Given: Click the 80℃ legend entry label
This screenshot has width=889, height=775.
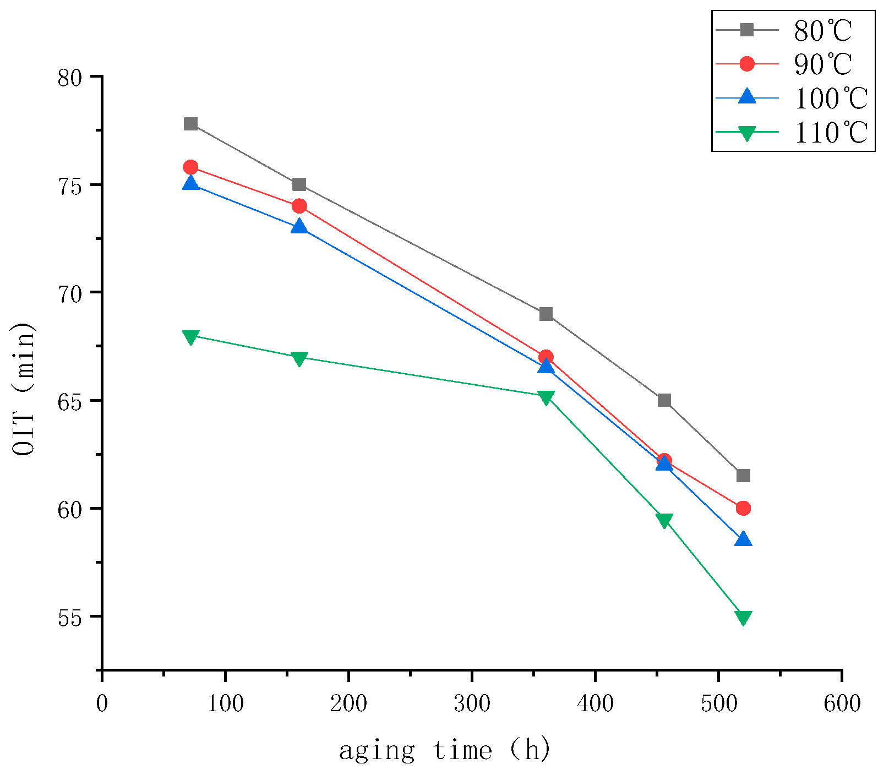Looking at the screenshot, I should point(822,31).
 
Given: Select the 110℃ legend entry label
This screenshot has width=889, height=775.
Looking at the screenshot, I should point(831,133).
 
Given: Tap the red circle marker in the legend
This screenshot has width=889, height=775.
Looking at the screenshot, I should point(747,64).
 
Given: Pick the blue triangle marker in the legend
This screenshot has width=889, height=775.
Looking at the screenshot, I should point(747,97).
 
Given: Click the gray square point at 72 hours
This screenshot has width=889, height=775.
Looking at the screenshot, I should point(191,124).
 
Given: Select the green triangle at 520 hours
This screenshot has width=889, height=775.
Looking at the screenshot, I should point(743,618).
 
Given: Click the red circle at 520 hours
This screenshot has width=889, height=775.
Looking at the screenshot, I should point(743,508).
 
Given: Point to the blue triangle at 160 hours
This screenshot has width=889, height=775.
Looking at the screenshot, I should point(299,226).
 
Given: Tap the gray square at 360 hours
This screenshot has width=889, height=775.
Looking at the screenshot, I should point(546,314).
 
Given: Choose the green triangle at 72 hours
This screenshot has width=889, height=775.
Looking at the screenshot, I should point(191,337).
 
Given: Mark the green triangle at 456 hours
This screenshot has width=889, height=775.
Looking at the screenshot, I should point(664,520).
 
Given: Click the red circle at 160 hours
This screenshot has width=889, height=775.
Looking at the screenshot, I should point(299,206).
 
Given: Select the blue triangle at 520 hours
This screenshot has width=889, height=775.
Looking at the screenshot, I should point(743,539).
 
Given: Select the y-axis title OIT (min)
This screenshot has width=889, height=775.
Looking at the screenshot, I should point(24,388).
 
